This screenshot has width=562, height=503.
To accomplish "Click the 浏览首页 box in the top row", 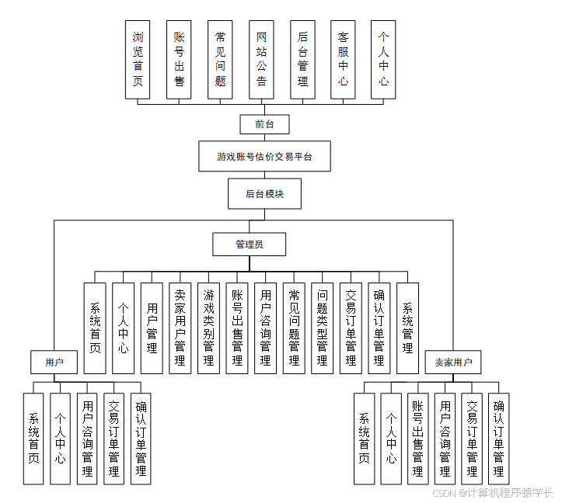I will click(x=138, y=59).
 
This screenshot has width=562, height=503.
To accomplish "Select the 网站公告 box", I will click(x=261, y=59).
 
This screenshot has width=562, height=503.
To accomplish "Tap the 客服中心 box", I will click(x=343, y=59).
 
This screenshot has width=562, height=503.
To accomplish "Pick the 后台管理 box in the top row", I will click(x=302, y=59).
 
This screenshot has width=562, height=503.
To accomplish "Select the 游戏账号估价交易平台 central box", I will click(x=264, y=156).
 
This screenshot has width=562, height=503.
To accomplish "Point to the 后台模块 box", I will click(x=264, y=194).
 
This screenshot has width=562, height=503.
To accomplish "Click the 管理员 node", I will click(x=249, y=245).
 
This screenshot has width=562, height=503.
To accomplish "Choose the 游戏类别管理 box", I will click(x=208, y=328).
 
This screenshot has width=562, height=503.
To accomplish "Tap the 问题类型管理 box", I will click(x=323, y=328).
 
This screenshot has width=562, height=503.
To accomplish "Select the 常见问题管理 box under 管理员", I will click(x=294, y=328).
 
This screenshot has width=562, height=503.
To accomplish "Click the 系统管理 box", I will click(x=407, y=318).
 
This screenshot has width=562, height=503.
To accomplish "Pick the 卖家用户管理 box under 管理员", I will click(x=180, y=328).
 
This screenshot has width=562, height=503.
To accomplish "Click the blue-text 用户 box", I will click(x=54, y=363).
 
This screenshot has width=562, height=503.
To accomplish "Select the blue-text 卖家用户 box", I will click(x=453, y=363).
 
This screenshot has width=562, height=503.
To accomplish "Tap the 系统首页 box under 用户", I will click(x=33, y=439).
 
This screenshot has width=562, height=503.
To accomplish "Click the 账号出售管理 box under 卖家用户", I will click(x=418, y=439).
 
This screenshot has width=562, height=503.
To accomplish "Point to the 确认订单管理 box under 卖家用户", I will click(x=499, y=439).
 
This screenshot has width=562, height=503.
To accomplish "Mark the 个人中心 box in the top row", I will click(x=384, y=59).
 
